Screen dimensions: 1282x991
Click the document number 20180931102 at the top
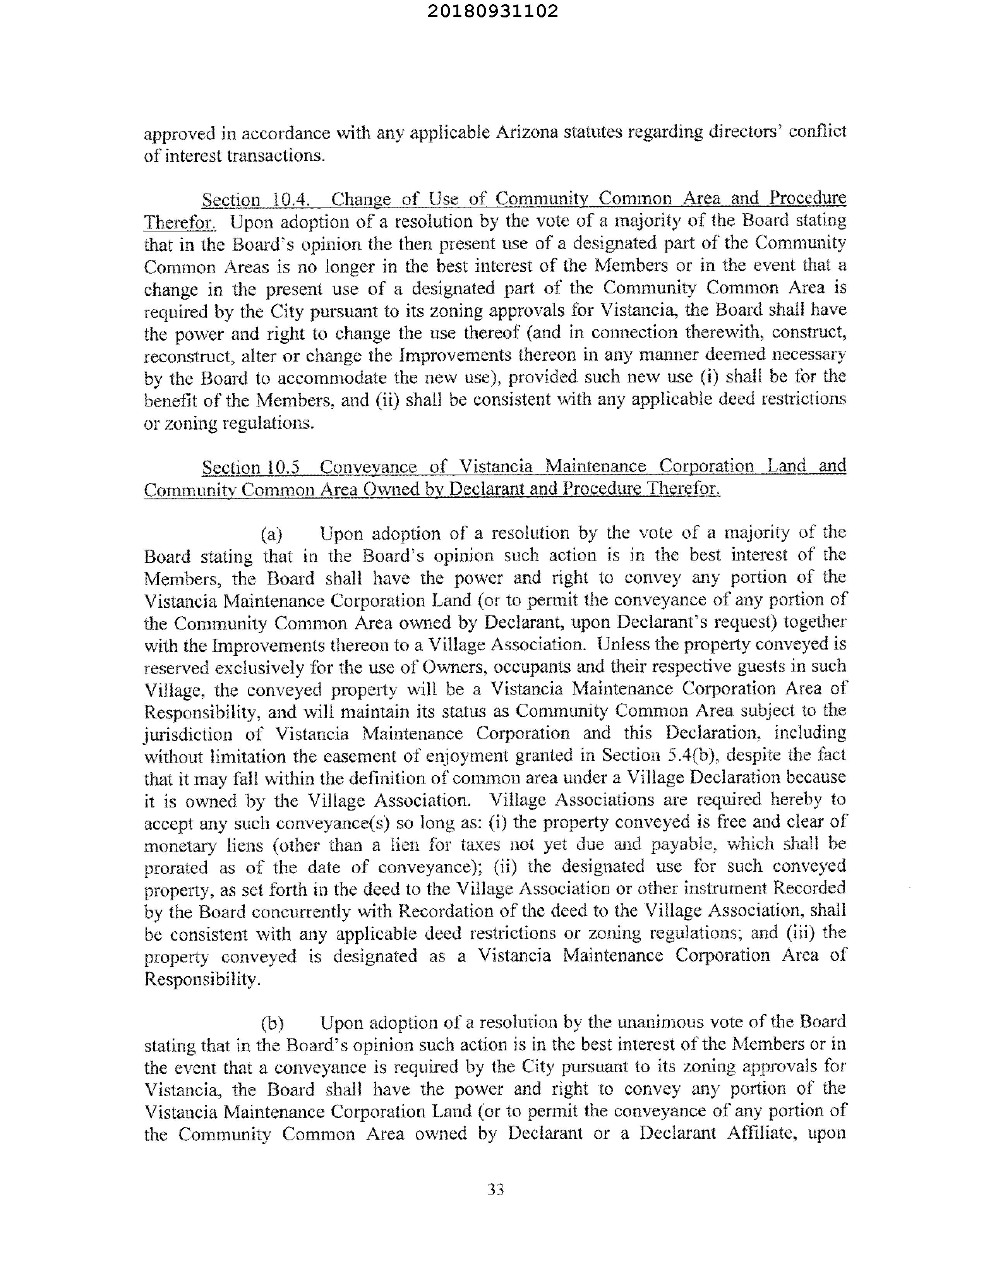tap(492, 12)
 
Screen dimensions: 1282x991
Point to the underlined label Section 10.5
tap(251, 467)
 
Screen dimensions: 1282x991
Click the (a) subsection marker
tap(271, 534)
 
